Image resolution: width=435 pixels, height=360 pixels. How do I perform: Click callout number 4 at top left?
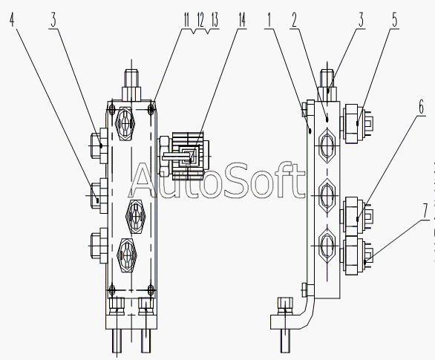pos(12,20)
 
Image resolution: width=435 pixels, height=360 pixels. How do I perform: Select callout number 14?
pos(242,20)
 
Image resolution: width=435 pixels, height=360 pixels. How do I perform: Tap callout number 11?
pos(186,20)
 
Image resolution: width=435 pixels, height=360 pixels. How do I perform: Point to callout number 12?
pos(200,20)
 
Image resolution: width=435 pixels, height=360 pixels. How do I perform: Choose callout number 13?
pos(215,20)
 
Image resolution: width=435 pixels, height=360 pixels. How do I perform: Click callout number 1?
pos(269,20)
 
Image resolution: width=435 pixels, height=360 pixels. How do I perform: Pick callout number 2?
pos(294,20)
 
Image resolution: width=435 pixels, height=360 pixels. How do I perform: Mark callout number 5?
pos(395,20)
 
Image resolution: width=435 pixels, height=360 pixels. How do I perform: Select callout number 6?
pos(421,107)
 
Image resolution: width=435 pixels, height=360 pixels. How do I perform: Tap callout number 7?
pos(425,212)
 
